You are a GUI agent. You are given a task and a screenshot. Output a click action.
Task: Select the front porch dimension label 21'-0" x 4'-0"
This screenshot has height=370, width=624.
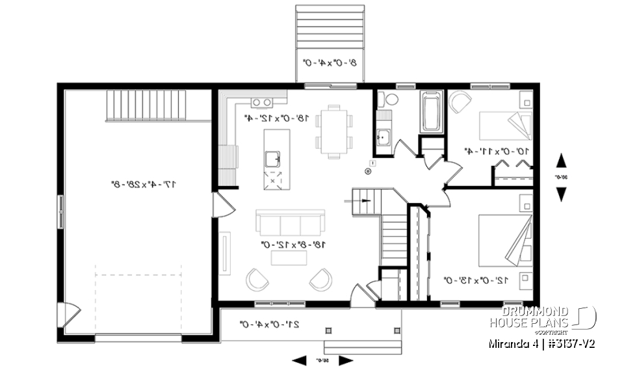[269, 323]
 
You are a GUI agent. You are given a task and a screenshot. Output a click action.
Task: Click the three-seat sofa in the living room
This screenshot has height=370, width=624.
[290, 222]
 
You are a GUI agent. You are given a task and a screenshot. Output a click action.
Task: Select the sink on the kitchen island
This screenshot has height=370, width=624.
[274, 157]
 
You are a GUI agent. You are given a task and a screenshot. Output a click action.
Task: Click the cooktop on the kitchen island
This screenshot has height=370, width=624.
[274, 178]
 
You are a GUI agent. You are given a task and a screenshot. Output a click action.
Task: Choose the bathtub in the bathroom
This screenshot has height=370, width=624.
[432, 112]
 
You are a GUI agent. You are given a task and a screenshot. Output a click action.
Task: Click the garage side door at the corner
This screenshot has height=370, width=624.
[67, 315]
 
